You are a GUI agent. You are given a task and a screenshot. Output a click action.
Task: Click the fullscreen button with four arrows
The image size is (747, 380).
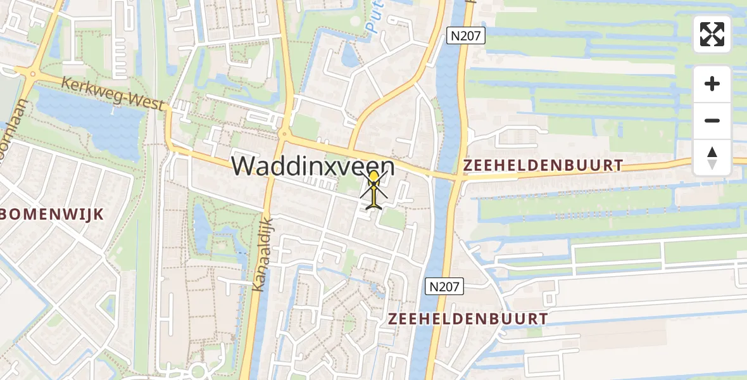[x=712, y=34]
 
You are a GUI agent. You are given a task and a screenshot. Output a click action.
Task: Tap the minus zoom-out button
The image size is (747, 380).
[x=712, y=120]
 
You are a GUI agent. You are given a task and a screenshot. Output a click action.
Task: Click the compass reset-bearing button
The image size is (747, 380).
[x=712, y=158]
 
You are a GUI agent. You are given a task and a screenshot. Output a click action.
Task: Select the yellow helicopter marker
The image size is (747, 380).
[x=374, y=189]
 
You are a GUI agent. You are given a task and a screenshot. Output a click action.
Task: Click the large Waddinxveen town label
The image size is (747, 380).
[x=313, y=167]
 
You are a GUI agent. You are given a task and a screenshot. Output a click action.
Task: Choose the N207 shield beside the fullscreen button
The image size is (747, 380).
[x=466, y=36]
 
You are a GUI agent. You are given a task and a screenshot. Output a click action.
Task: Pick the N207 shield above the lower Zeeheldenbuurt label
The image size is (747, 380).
[x=444, y=286]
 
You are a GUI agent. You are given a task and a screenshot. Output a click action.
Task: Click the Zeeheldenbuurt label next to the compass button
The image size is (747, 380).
[x=543, y=165]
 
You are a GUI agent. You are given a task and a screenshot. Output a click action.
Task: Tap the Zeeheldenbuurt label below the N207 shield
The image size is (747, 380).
[x=468, y=318]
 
